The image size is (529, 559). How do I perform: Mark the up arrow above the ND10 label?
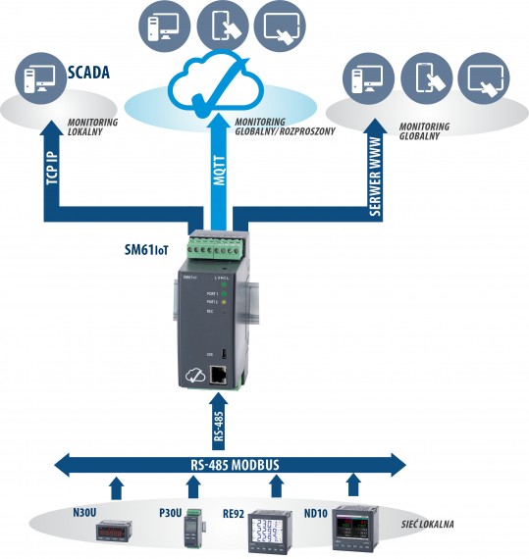(354, 485)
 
